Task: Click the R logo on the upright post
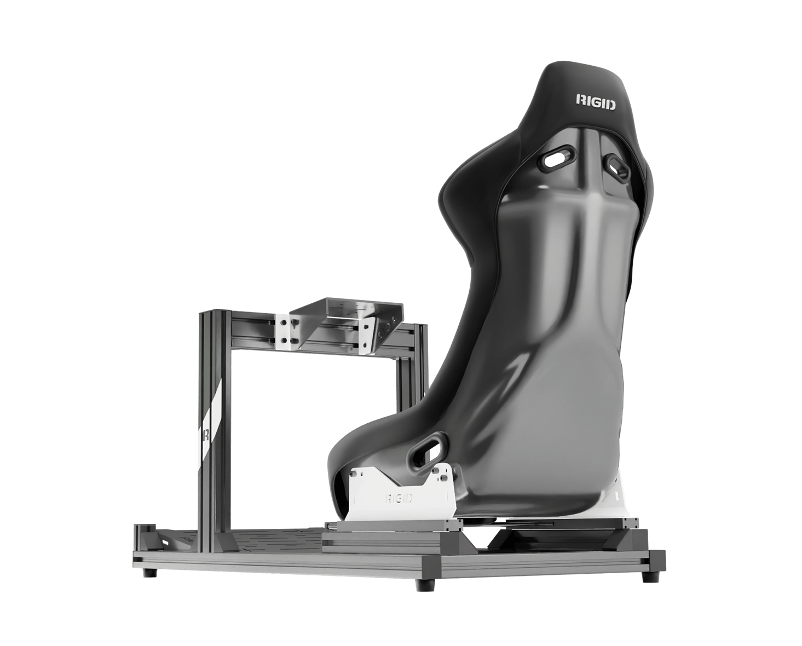pyautogui.click(x=205, y=435)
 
